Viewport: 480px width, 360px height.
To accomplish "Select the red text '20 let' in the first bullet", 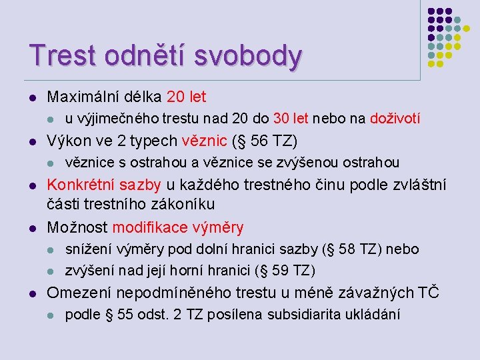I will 187,97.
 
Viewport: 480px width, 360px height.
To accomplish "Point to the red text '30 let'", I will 291,119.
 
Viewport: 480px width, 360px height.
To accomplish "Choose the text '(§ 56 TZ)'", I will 269,141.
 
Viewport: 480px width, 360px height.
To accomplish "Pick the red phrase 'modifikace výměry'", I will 178,227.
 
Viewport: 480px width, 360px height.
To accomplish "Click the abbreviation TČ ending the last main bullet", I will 428,292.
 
